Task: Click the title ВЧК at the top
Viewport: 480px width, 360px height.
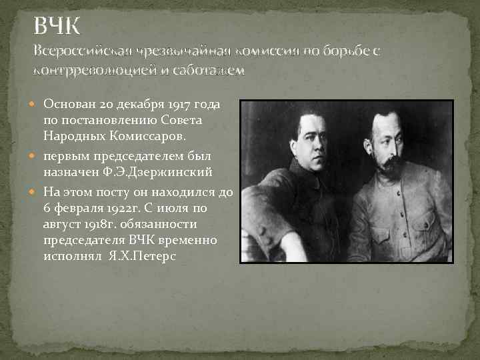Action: click(x=57, y=27)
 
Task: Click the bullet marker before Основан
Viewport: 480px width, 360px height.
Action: click(x=36, y=104)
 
